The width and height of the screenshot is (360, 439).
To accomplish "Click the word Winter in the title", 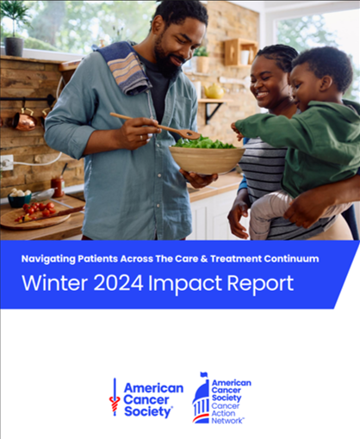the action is tap(54, 283).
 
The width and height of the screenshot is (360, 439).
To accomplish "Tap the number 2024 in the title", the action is tap(118, 283).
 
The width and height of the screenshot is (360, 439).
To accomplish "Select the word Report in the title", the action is tap(260, 284).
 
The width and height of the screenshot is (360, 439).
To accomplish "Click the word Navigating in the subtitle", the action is tap(48, 259).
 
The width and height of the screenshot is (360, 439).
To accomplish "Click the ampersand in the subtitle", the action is tap(204, 259).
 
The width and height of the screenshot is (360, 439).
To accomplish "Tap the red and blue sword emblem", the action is tap(115, 398).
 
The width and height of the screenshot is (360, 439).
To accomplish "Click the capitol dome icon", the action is tap(201, 398).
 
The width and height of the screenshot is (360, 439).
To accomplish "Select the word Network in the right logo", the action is tap(227, 421).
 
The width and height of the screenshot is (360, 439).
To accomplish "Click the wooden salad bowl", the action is tap(207, 160).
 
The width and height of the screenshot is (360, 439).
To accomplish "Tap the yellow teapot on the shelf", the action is tap(214, 91).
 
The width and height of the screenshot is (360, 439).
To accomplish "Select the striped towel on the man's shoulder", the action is tap(127, 68).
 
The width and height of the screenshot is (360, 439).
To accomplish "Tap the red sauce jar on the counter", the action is tap(58, 187).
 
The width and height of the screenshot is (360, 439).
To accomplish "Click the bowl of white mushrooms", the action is tap(20, 197).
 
